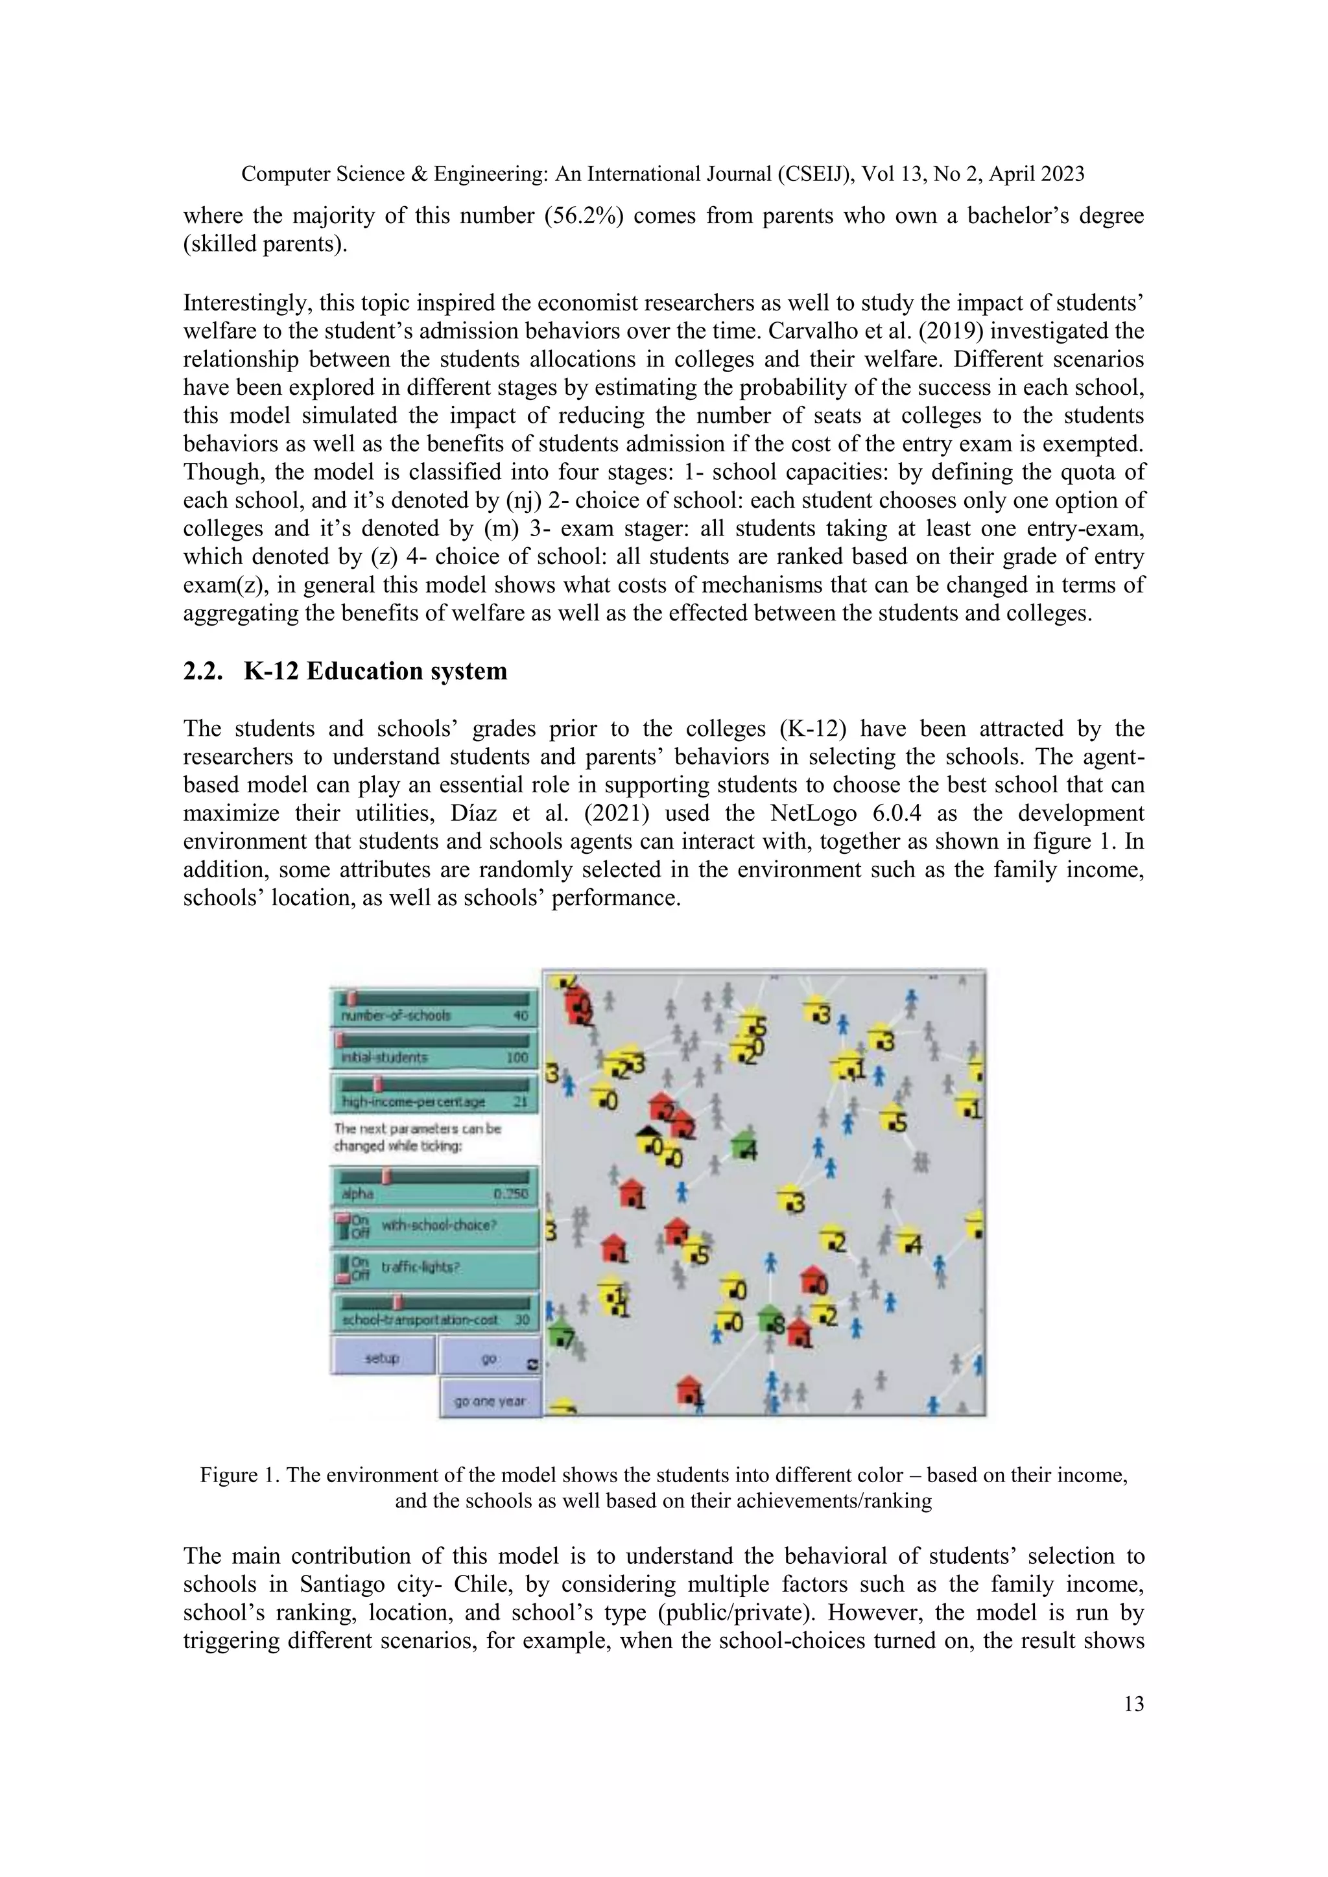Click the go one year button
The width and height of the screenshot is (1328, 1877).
click(490, 1400)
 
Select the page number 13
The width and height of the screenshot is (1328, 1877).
click(1133, 1704)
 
